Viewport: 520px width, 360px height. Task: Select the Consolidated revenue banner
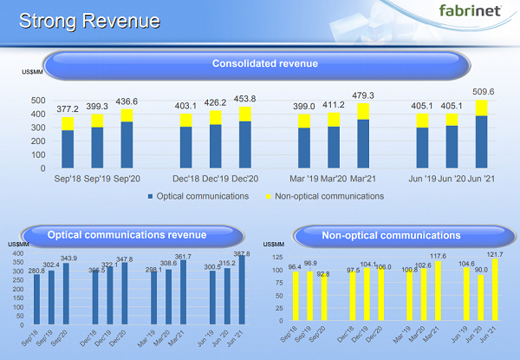(x=264, y=63)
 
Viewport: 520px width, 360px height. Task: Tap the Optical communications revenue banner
(x=127, y=234)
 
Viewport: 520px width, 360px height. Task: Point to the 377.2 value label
(x=68, y=108)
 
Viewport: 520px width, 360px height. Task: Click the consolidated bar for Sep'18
(x=68, y=142)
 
